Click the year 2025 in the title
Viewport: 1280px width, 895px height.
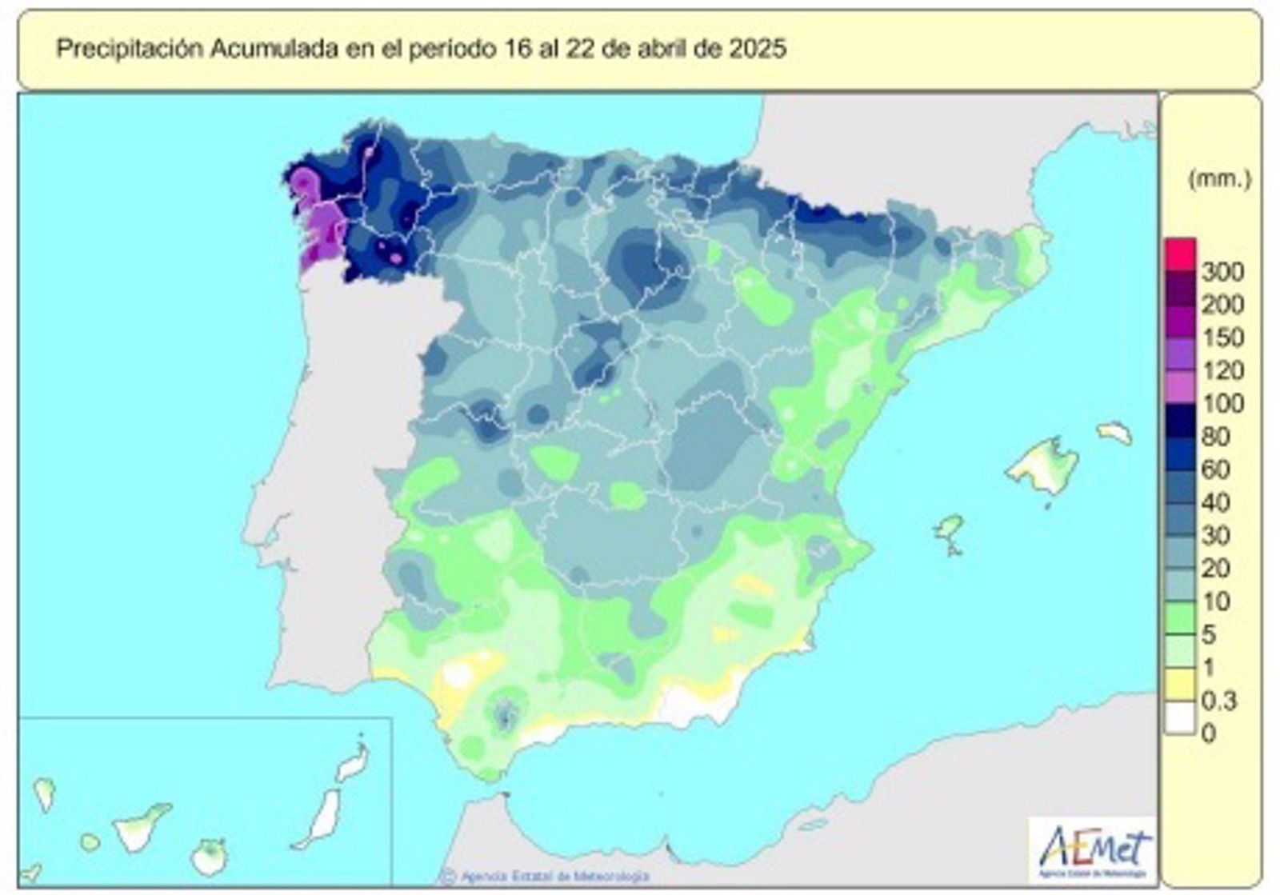[758, 49]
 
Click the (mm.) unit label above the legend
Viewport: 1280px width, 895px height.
[1219, 179]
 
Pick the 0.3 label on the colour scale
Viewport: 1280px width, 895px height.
[1219, 701]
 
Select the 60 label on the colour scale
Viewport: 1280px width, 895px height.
[1215, 470]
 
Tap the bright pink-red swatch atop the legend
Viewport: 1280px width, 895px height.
[1180, 254]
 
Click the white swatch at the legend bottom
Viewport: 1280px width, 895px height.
[1180, 717]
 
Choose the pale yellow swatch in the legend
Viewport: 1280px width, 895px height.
[1180, 685]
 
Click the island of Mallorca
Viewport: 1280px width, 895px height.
[1045, 466]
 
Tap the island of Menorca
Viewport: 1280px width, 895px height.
[1115, 434]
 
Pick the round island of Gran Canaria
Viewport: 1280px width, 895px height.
[210, 857]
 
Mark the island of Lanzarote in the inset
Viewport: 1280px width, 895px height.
[353, 763]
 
